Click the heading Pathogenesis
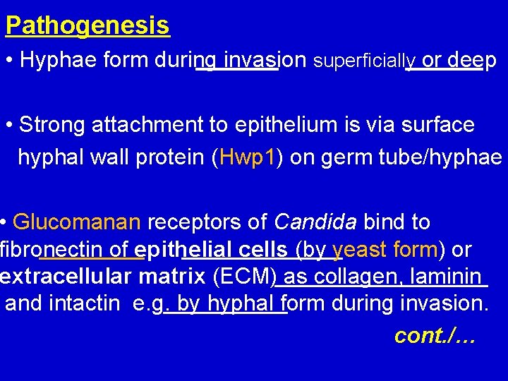(x=87, y=26)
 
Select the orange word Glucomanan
(x=78, y=222)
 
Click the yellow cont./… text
(x=435, y=336)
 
